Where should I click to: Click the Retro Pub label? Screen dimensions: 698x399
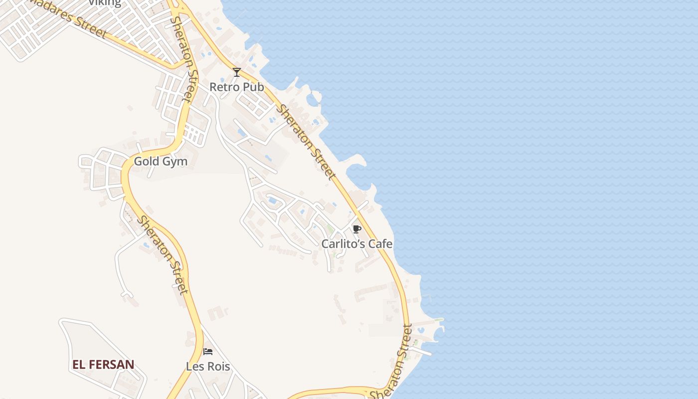[x=236, y=87]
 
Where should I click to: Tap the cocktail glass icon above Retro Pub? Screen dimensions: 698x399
[x=237, y=72]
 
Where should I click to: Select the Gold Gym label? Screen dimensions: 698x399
[x=161, y=162]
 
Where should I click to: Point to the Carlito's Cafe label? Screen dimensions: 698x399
[x=356, y=244]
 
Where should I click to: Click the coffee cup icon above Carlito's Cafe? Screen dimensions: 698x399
[x=356, y=229]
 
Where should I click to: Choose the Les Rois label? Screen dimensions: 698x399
[x=208, y=367]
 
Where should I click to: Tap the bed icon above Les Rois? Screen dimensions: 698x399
[x=208, y=352]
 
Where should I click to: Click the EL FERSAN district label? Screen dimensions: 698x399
[x=103, y=365]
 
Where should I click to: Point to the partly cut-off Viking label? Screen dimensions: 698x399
[x=105, y=3]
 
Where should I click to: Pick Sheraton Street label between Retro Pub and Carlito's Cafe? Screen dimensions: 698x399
[x=306, y=142]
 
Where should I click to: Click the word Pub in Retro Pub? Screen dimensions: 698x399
[x=253, y=87]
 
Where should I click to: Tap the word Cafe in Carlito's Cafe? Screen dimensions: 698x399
[x=380, y=244]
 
